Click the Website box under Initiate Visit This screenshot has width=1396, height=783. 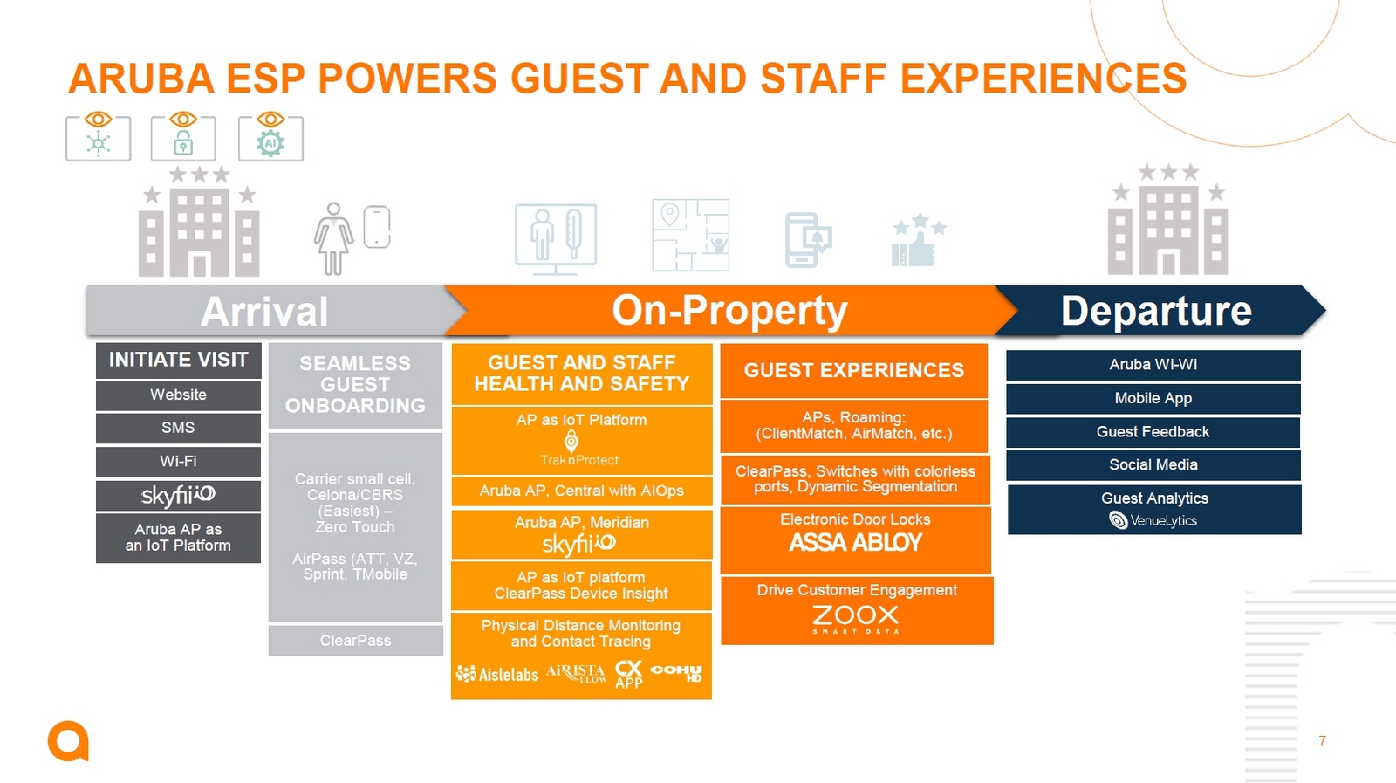tap(178, 395)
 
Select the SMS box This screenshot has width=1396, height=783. tap(178, 429)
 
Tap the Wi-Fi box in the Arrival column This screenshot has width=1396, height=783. tap(178, 462)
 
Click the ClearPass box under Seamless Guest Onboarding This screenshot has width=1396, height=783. tap(355, 641)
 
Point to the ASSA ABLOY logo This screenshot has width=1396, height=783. tap(855, 543)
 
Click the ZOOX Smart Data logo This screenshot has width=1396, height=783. tap(856, 619)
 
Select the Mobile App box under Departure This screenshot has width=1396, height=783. tap(1153, 398)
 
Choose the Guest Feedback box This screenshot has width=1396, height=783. tap(1153, 432)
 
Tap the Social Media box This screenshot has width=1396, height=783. tap(1153, 465)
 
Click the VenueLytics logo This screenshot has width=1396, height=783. tap(1153, 520)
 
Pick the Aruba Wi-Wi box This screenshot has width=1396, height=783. tap(1153, 365)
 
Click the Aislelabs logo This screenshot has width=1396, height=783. tap(497, 674)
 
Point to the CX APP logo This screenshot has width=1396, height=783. tap(629, 675)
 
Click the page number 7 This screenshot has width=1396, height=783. tap(1322, 740)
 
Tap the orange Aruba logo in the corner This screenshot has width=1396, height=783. tap(69, 741)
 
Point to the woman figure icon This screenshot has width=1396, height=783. tap(333, 239)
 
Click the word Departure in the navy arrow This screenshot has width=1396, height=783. tap(1156, 311)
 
